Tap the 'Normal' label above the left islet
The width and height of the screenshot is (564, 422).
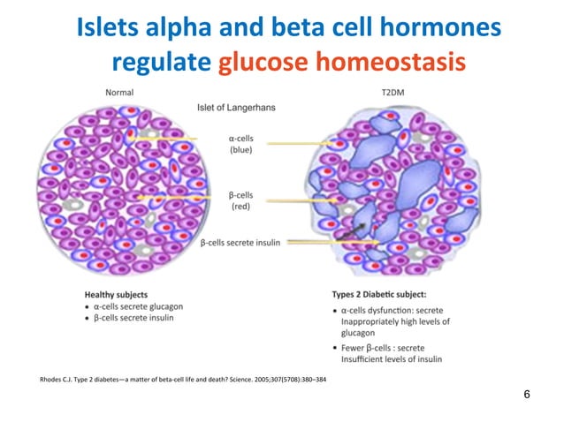point(120,92)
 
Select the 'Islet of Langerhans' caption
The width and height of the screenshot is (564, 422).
point(235,108)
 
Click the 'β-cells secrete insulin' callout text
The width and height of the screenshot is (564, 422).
point(240,243)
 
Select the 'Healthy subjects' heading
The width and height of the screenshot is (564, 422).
point(116,294)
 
